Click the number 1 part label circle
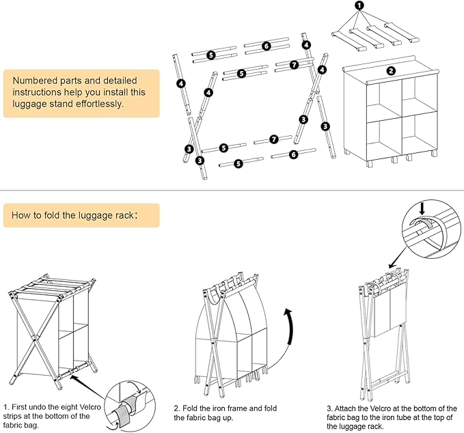point(360,5)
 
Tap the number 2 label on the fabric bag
point(390,70)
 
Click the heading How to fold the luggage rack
point(74,215)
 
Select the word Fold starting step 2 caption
point(195,408)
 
